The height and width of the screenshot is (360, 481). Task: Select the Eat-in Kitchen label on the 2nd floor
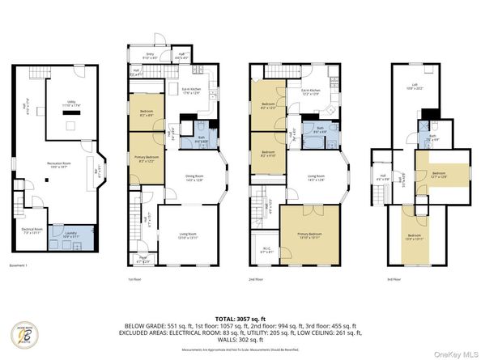(x=312, y=94)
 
